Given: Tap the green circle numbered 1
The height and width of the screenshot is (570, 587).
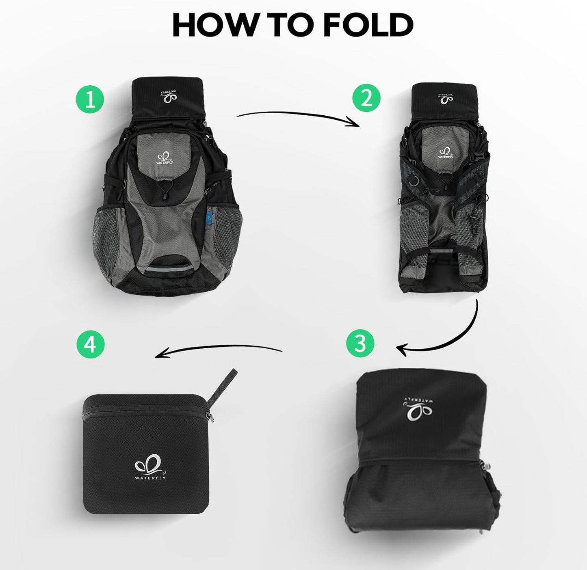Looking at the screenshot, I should tap(90, 99).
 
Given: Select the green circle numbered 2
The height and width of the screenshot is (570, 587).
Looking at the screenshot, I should tap(366, 97).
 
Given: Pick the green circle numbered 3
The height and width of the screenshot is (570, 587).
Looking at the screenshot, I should tap(360, 343).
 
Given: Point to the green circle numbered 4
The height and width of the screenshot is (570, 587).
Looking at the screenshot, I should tap(90, 344).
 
